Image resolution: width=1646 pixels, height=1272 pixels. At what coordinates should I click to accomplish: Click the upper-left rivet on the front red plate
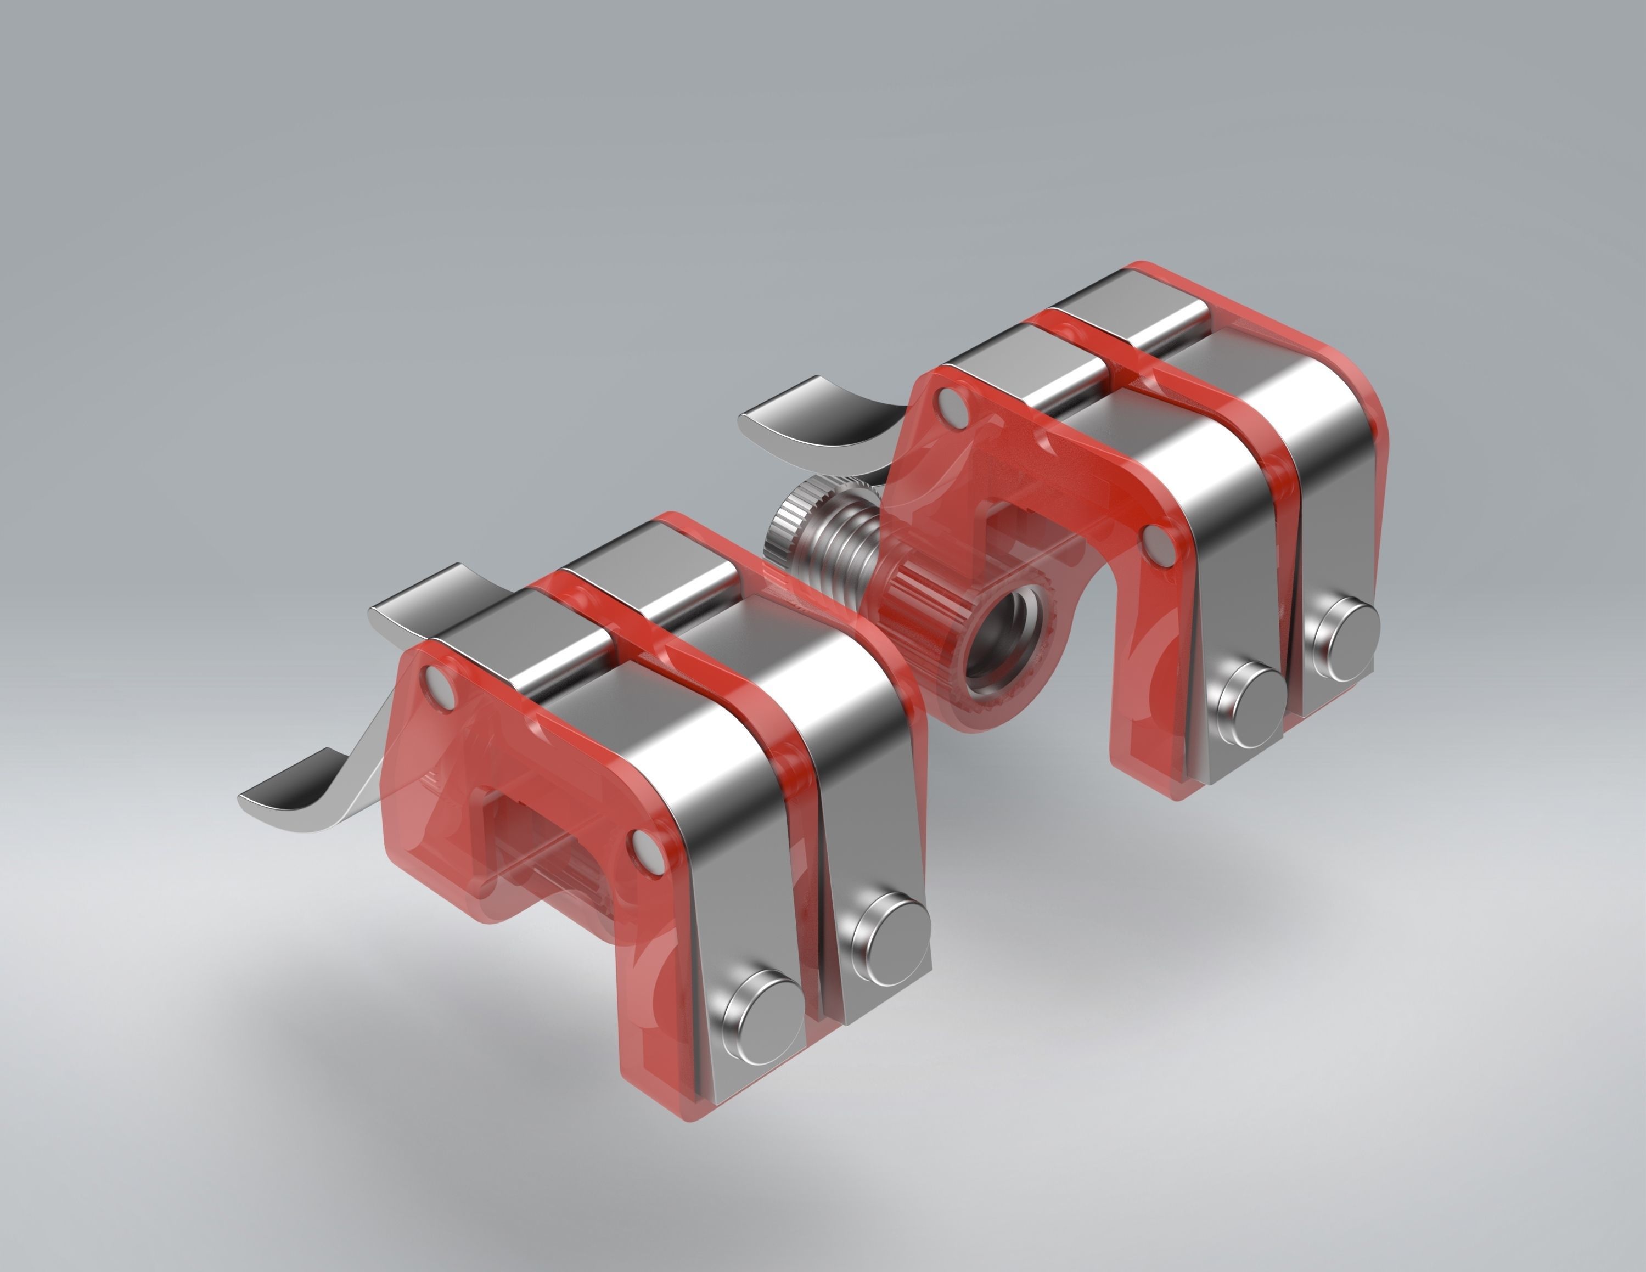coord(437,682)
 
